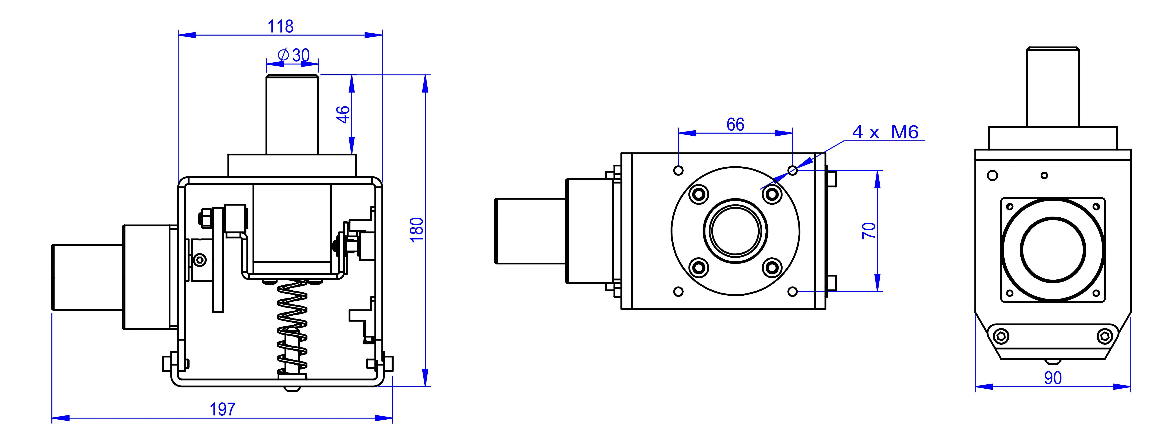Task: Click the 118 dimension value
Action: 280,26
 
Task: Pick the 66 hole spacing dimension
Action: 735,125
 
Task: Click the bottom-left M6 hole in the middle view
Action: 678,291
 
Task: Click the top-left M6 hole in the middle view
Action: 678,170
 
